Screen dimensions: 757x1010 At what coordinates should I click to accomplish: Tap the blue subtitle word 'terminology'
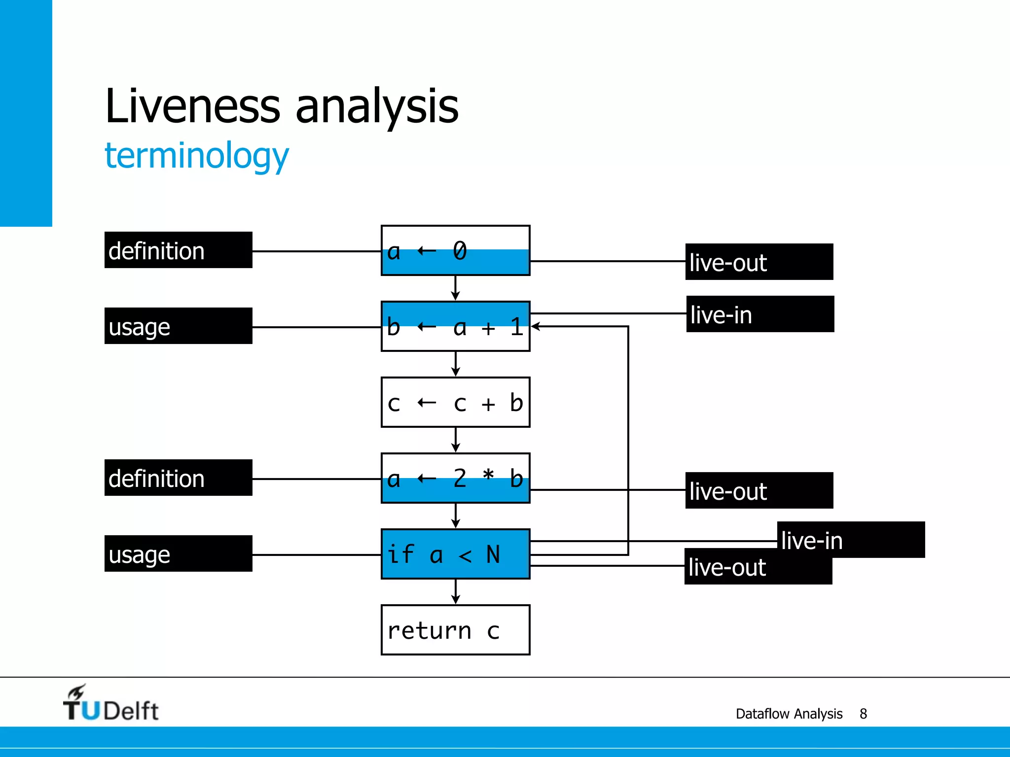pyautogui.click(x=196, y=156)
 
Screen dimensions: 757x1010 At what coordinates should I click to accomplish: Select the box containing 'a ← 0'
pyautogui.click(x=455, y=250)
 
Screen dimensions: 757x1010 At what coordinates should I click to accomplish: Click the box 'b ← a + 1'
pyautogui.click(x=455, y=326)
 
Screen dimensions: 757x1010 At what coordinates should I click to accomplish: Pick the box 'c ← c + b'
pyautogui.click(x=455, y=402)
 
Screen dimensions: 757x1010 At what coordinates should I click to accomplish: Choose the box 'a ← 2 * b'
pyautogui.click(x=455, y=478)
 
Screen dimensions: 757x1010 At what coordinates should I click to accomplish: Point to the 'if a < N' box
pyautogui.click(x=455, y=554)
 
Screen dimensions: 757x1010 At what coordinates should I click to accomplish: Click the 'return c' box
pyautogui.click(x=455, y=630)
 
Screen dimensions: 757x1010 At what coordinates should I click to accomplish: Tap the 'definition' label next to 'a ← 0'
pyautogui.click(x=178, y=250)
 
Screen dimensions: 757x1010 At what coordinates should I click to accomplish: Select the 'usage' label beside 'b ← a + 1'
pyautogui.click(x=178, y=326)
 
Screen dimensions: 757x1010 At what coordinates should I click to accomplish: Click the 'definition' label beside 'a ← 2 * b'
pyautogui.click(x=178, y=478)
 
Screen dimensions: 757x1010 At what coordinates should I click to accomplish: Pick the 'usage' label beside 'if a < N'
pyautogui.click(x=178, y=553)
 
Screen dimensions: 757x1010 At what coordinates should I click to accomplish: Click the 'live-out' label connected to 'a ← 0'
pyautogui.click(x=759, y=262)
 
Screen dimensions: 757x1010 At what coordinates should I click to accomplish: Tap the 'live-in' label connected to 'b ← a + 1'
pyautogui.click(x=760, y=314)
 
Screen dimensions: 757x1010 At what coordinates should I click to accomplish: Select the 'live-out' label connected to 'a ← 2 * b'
pyautogui.click(x=759, y=490)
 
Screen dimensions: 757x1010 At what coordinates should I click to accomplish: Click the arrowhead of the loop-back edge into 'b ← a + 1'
pyautogui.click(x=536, y=326)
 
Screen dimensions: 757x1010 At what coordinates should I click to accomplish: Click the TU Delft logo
pyautogui.click(x=110, y=704)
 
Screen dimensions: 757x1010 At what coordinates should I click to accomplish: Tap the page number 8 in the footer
pyautogui.click(x=863, y=714)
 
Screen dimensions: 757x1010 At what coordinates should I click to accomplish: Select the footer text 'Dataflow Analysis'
pyautogui.click(x=789, y=714)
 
